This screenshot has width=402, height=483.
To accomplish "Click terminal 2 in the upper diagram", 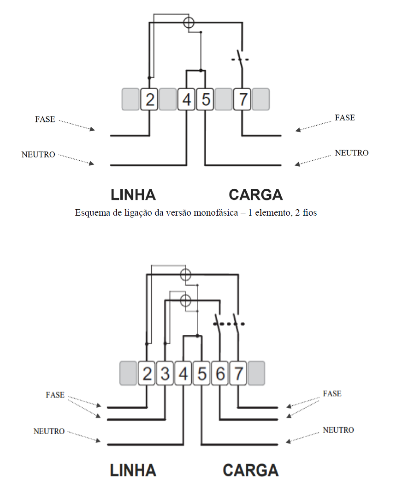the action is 149,99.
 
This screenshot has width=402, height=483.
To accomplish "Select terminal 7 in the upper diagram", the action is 242,99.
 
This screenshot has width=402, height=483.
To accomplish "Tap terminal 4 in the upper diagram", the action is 186,99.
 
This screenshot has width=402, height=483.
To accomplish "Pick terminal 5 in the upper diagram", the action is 205,99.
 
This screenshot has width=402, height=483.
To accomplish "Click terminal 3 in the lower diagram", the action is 165,374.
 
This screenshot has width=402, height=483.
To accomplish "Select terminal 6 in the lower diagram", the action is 220,374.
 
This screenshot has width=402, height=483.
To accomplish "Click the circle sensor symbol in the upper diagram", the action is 189,23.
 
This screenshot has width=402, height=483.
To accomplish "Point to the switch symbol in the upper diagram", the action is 240,59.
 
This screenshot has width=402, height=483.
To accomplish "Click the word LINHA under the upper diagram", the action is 133,195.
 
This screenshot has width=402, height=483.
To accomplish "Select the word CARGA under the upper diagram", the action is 255,195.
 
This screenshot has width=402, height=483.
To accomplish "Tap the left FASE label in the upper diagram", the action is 45,119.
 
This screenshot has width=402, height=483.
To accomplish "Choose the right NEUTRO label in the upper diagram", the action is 352,153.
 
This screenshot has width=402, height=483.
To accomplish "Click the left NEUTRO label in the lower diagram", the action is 49,431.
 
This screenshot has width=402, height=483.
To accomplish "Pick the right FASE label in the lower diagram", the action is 332,394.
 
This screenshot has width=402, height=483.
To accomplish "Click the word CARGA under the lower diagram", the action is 251,471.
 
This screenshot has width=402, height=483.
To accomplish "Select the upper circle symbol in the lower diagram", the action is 185,274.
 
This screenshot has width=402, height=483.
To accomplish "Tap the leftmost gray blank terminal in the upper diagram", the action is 130,99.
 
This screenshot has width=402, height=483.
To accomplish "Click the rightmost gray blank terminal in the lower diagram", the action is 256,374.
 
